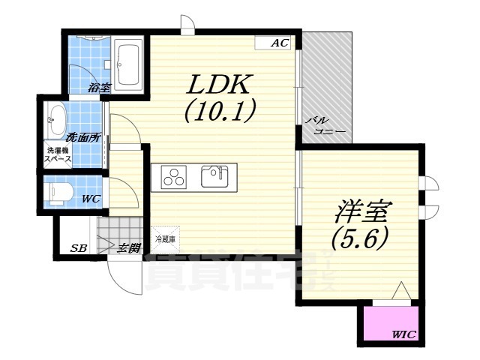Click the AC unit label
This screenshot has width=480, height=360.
(279, 43)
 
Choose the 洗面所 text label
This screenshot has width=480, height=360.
(82, 137)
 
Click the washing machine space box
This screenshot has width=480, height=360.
(58, 155)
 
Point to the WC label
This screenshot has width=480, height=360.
(91, 199)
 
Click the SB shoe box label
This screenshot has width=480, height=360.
(78, 247)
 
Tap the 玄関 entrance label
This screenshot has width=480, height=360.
(128, 247)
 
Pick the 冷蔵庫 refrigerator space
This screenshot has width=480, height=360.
(165, 238)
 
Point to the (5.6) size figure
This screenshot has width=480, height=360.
(359, 238)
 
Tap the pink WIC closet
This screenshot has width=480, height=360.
(390, 323)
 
